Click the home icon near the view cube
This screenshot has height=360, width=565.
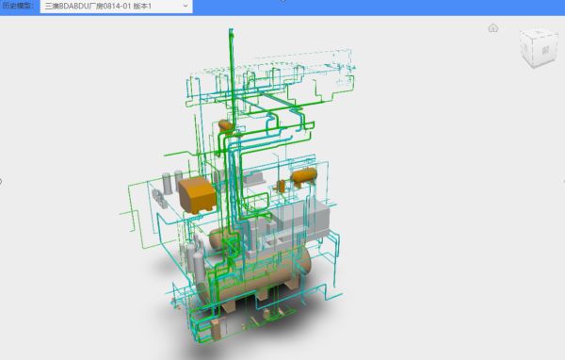click(x=492, y=28)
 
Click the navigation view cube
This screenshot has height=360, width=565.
click(x=538, y=47)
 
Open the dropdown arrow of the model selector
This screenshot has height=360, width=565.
click(x=186, y=7)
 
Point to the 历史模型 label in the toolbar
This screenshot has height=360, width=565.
click(x=18, y=6)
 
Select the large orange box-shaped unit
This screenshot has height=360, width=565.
click(x=198, y=195)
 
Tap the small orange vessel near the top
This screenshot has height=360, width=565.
click(x=225, y=125)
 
